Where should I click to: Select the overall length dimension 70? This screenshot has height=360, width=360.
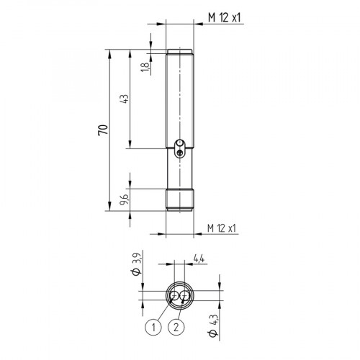pyautogui.click(x=103, y=130)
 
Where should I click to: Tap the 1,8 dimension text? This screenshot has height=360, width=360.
pyautogui.click(x=144, y=67)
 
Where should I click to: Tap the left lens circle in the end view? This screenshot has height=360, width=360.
pyautogui.click(x=174, y=296)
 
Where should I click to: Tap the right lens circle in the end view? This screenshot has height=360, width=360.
pyautogui.click(x=184, y=296)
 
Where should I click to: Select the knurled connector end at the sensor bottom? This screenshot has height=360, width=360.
pyautogui.click(x=179, y=199)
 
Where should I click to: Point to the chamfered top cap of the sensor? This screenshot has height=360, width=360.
pyautogui.click(x=179, y=51)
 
